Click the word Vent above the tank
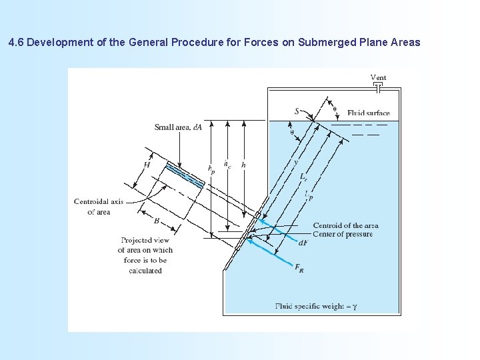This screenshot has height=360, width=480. (x=378, y=78)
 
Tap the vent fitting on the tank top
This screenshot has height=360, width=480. (x=379, y=87)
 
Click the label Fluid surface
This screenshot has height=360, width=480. (x=368, y=113)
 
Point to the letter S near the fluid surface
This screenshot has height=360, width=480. (x=297, y=111)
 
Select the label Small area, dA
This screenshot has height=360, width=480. (x=178, y=127)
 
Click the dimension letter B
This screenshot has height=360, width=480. (x=156, y=220)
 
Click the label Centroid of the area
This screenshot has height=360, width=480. (x=345, y=225)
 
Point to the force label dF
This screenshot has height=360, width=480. (x=303, y=243)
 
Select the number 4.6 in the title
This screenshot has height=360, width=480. (x=17, y=43)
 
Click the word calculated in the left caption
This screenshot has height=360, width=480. (x=145, y=271)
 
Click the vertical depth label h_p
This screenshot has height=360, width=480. (x=211, y=170)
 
